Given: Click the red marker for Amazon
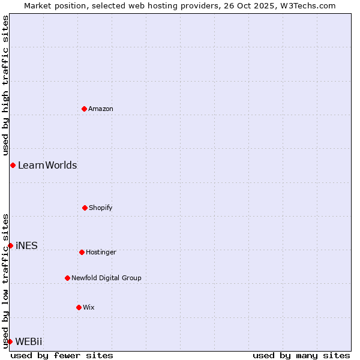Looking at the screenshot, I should (x=85, y=109).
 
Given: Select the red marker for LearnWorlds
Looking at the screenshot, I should (x=13, y=165).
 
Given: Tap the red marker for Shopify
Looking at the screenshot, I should (x=85, y=208).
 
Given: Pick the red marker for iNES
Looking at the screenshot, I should (x=10, y=245).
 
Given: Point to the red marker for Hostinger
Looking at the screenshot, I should (x=82, y=252).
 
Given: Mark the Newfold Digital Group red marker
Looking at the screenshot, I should (x=67, y=278).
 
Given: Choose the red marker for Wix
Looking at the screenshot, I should (x=79, y=307).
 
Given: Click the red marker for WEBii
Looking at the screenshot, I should (x=10, y=341).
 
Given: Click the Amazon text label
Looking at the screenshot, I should (x=101, y=109).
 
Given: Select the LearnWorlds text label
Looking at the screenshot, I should (x=47, y=166).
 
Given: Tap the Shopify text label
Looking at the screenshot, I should (x=101, y=208).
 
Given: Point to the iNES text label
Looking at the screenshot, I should (x=26, y=246).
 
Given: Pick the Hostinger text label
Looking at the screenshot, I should (x=101, y=253).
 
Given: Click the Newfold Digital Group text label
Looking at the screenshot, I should (x=106, y=278).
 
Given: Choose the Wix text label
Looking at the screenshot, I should (x=89, y=308).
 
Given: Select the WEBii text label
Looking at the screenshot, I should (x=29, y=342).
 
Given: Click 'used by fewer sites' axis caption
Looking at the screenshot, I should (x=62, y=355).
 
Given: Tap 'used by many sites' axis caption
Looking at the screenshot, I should (x=301, y=355).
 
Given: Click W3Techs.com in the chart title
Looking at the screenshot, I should (x=306, y=5).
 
